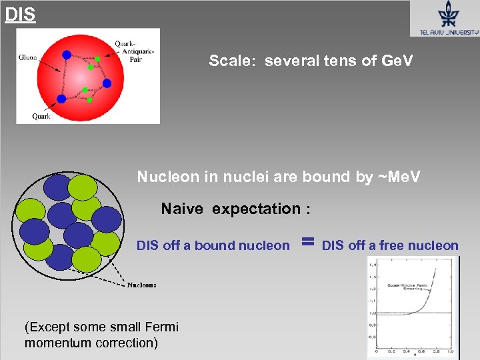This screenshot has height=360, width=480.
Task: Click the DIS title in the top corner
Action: (20, 14)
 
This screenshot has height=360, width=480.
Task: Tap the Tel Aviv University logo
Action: (444, 19)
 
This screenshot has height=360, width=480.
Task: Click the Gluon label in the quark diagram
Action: (27, 57)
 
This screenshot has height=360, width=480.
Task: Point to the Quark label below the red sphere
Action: (41, 116)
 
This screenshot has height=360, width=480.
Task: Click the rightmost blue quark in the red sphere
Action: (107, 83)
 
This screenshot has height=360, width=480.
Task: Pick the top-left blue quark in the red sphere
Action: (67, 54)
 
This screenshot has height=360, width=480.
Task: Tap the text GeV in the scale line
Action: (397, 61)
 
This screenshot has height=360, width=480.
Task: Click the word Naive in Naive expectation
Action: (184, 209)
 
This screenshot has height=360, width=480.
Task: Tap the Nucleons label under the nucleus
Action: (142, 285)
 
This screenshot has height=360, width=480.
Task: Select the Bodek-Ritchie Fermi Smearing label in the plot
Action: (408, 289)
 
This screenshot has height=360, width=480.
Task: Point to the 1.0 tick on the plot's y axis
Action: (373, 313)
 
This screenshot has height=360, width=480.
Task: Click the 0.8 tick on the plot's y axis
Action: (373, 337)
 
